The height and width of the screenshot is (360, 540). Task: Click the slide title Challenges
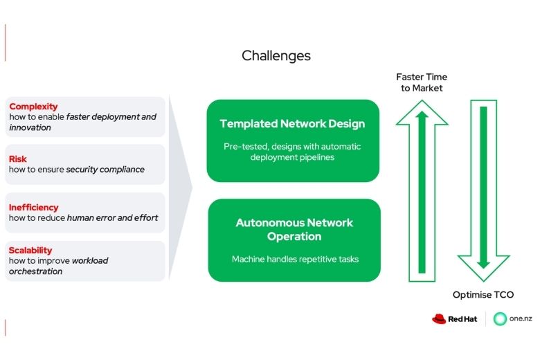pyautogui.click(x=276, y=56)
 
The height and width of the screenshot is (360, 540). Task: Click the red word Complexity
pyautogui.click(x=33, y=107)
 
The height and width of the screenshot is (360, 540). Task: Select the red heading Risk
pyautogui.click(x=18, y=159)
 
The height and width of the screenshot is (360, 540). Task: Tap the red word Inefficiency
pyautogui.click(x=34, y=207)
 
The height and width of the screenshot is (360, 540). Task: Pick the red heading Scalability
pyautogui.click(x=30, y=251)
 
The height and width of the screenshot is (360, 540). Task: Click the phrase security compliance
pyautogui.click(x=105, y=170)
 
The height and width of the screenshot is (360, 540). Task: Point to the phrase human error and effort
pyautogui.click(x=112, y=217)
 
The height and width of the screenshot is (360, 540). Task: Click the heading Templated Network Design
pyautogui.click(x=292, y=124)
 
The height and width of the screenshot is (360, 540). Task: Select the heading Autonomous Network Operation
pyautogui.click(x=294, y=229)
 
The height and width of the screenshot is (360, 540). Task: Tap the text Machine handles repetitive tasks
pyautogui.click(x=294, y=259)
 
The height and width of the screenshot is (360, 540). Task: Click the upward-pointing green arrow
pyautogui.click(x=422, y=187)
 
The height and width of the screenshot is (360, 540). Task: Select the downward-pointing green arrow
pyautogui.click(x=483, y=187)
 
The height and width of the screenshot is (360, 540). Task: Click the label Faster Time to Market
pyautogui.click(x=422, y=82)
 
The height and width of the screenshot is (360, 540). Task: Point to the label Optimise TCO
pyautogui.click(x=483, y=295)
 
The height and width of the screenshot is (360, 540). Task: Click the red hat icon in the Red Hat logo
pyautogui.click(x=439, y=319)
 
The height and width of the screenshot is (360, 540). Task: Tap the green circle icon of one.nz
pyautogui.click(x=500, y=319)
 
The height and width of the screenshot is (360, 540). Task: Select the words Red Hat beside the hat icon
pyautogui.click(x=463, y=319)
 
